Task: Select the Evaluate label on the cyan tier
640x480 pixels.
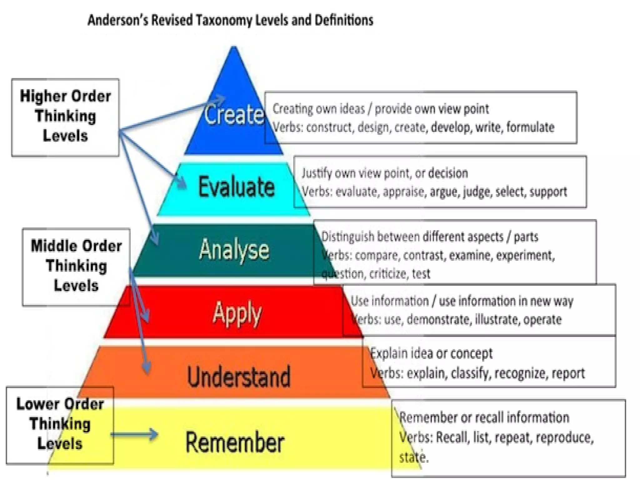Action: coord(237,187)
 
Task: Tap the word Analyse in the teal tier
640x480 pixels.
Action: coord(234,250)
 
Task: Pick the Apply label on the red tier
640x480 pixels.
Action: coord(237,313)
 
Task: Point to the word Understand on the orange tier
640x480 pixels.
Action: coord(239,377)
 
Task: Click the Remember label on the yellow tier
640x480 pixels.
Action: coord(235,442)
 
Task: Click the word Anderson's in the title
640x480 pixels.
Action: coord(117,20)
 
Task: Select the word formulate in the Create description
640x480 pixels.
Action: coord(530,127)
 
